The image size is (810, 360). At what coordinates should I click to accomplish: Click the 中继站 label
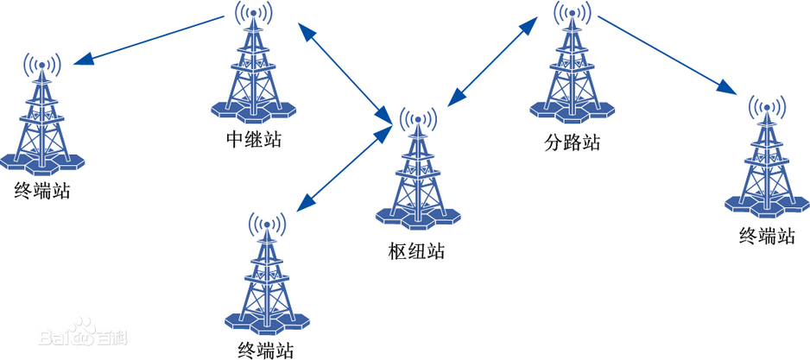tap(254, 140)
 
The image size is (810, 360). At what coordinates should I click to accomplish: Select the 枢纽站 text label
tap(416, 252)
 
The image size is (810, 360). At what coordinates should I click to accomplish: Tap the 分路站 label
tap(573, 142)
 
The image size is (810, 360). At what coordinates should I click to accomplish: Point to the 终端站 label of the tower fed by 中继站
tap(42, 192)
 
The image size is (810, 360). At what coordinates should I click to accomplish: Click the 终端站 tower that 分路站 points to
tap(767, 156)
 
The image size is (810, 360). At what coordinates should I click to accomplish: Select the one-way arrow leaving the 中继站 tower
tap(149, 41)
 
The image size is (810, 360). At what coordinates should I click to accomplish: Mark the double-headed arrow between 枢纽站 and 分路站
tap(492, 60)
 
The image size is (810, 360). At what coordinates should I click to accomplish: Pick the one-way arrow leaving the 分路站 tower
tap(668, 54)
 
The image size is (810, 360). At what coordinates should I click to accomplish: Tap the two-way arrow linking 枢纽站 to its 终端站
tap(344, 168)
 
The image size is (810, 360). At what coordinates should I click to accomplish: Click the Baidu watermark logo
tap(83, 333)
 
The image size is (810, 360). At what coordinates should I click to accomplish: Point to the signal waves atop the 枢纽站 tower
tap(418, 120)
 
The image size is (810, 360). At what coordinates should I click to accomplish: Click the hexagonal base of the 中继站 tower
tap(254, 109)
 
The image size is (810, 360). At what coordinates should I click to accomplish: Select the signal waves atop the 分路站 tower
tap(573, 14)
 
